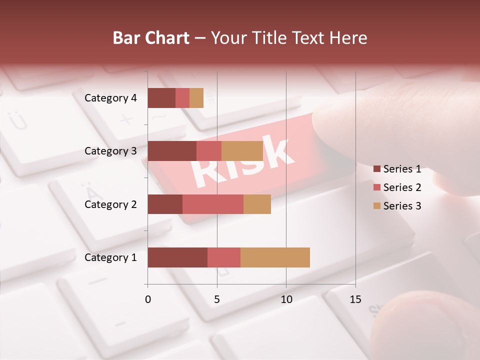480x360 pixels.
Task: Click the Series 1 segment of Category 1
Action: pyautogui.click(x=177, y=257)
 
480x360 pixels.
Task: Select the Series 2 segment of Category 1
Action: pyautogui.click(x=224, y=257)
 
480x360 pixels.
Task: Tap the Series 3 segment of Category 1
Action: pyautogui.click(x=275, y=257)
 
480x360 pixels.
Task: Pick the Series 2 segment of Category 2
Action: pyautogui.click(x=213, y=204)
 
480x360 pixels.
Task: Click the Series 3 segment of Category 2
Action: pyautogui.click(x=257, y=204)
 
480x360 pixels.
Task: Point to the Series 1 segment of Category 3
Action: pyautogui.click(x=172, y=151)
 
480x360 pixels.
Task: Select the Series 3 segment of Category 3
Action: pyautogui.click(x=242, y=151)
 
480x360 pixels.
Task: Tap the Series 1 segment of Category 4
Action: pyautogui.click(x=161, y=98)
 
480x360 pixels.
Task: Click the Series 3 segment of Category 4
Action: pyautogui.click(x=196, y=98)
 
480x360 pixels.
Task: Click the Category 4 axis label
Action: pyautogui.click(x=110, y=98)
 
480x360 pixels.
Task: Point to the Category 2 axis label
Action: pyautogui.click(x=110, y=204)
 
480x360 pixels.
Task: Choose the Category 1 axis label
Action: pyautogui.click(x=110, y=257)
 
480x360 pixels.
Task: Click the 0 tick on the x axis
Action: pyautogui.click(x=148, y=299)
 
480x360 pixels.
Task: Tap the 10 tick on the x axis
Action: pyautogui.click(x=286, y=299)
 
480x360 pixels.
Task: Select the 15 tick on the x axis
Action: pyautogui.click(x=355, y=299)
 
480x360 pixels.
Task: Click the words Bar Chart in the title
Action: pyautogui.click(x=151, y=38)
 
